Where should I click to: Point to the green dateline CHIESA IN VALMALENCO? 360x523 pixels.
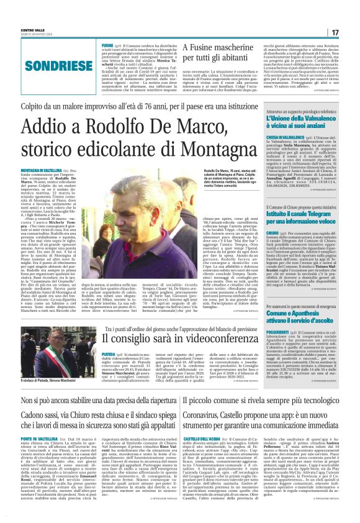pos(287,137)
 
